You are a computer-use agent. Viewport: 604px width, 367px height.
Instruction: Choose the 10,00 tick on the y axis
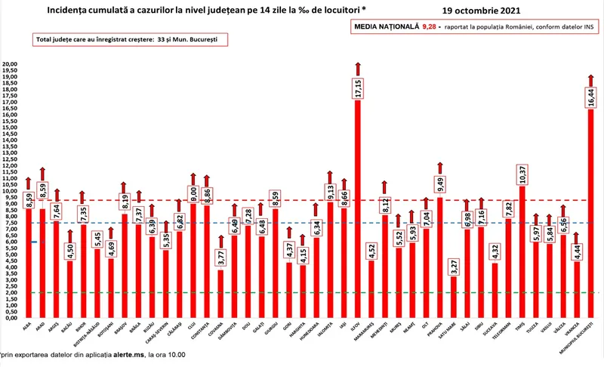pos(10,191)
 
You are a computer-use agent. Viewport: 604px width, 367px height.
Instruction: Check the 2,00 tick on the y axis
pos(10,292)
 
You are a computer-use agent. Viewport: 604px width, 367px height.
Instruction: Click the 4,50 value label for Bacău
pos(70,248)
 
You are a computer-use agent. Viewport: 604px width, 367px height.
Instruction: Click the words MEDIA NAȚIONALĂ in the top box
pos(387,26)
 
